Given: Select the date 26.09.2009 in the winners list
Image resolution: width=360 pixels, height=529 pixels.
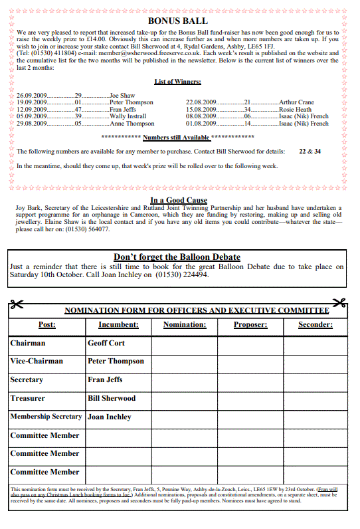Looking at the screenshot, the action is [31, 96].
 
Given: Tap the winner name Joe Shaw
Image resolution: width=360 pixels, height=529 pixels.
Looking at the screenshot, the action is [122, 96].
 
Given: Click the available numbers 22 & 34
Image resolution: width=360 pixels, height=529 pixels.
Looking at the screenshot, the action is [310, 152].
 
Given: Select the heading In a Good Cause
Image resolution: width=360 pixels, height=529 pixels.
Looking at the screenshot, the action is [179, 200].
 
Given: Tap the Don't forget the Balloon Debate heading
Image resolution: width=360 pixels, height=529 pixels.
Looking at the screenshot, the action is [177, 257].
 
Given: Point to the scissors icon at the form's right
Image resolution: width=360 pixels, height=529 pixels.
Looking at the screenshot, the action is [339, 304].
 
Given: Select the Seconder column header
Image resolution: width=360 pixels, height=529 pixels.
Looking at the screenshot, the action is [315, 325].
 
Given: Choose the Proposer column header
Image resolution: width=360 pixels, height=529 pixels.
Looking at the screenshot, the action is [250, 325].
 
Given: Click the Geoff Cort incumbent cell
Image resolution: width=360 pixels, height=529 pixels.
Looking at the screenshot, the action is [106, 344].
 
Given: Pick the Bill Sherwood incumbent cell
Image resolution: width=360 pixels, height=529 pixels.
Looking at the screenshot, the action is [112, 399].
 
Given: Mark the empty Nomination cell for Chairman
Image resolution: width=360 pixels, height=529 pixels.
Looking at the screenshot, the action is [185, 344].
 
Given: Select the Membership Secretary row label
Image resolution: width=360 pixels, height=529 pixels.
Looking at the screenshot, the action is [46, 417].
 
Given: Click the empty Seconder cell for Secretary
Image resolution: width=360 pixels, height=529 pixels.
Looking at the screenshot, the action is [315, 380].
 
